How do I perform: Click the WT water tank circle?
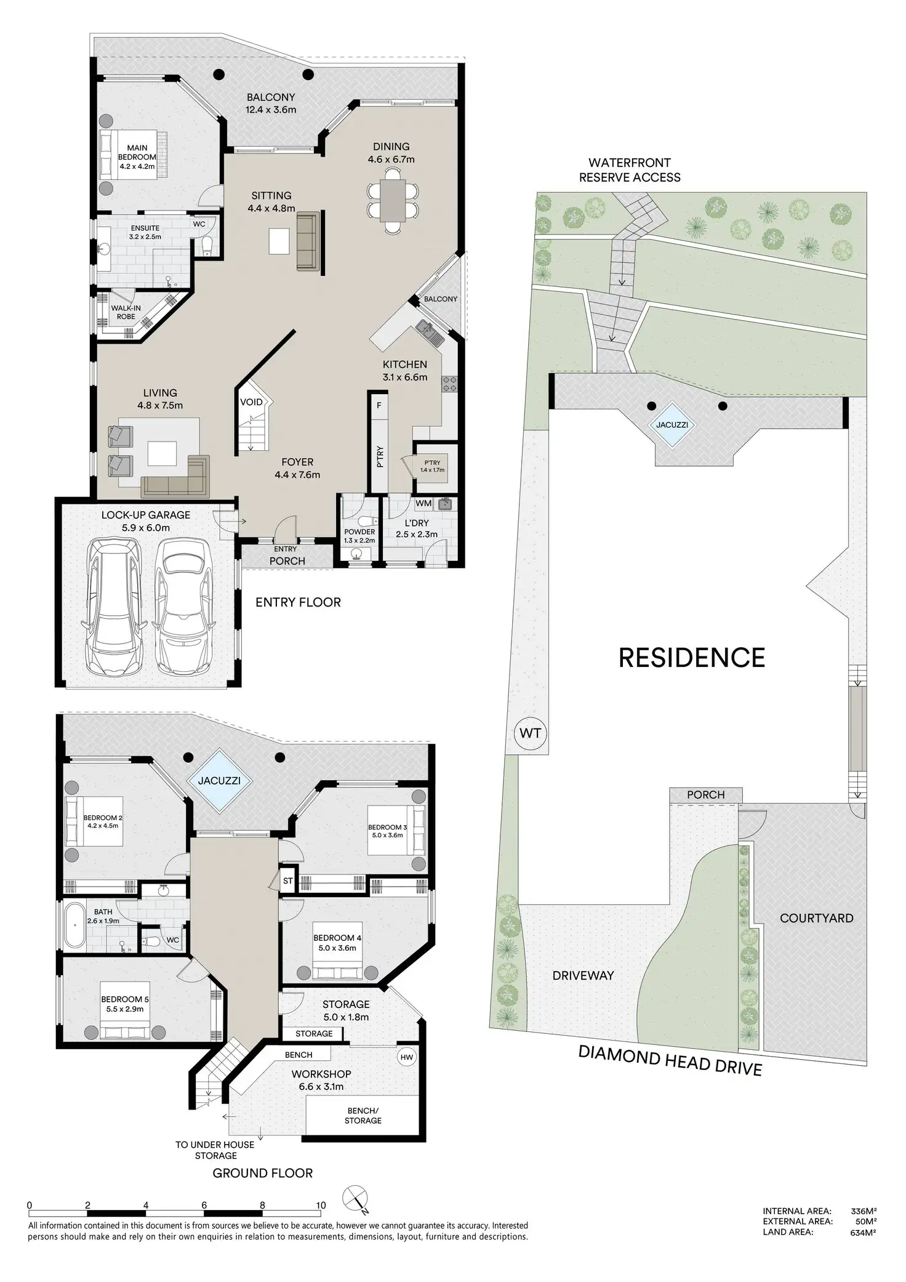pyautogui.click(x=530, y=733)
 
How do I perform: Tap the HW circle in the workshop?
pyautogui.click(x=407, y=1058)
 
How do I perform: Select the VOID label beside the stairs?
pyautogui.click(x=251, y=402)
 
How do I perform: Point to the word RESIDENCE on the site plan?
pyautogui.click(x=691, y=658)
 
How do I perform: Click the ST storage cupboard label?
pyautogui.click(x=288, y=881)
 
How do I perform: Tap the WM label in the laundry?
pyautogui.click(x=423, y=503)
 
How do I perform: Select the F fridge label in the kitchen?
pyautogui.click(x=379, y=405)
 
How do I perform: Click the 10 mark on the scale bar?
pyautogui.click(x=321, y=1205)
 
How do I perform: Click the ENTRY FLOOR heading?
pyautogui.click(x=298, y=602)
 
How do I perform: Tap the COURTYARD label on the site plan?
pyautogui.click(x=816, y=918)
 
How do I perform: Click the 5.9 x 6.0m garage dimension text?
pyautogui.click(x=145, y=528)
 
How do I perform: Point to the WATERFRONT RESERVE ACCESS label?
pyautogui.click(x=630, y=170)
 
